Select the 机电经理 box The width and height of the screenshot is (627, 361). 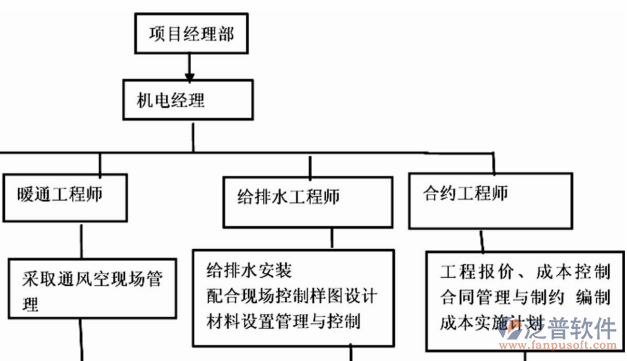(191, 101)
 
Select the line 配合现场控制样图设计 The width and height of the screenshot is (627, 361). (290, 296)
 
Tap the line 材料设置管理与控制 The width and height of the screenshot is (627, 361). (283, 321)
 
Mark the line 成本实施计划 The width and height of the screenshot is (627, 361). (488, 323)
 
